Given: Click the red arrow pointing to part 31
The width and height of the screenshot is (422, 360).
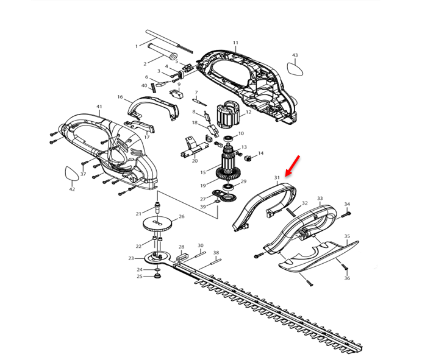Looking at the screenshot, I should click(291, 164).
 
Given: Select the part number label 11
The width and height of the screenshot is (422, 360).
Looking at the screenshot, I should click(235, 43).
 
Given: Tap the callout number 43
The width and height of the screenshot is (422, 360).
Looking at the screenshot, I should click(295, 55).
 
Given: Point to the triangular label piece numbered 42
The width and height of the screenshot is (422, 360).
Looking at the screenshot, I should click(72, 174).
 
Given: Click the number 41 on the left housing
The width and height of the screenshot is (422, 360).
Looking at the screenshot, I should click(99, 107).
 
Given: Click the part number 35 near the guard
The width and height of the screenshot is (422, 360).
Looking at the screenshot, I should click(347, 236).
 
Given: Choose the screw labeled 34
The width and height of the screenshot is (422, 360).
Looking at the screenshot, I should click(344, 214).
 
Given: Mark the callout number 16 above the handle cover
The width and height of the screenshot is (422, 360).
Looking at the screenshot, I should click(120, 97).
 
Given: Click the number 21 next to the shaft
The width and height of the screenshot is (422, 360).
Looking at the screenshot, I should click(138, 213).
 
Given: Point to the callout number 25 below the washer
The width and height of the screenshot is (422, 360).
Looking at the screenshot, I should click(140, 277).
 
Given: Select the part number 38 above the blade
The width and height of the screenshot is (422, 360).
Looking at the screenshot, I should click(216, 252).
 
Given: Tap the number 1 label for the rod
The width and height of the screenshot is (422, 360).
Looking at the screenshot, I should click(137, 46).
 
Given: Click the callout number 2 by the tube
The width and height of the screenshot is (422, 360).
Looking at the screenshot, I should click(145, 63).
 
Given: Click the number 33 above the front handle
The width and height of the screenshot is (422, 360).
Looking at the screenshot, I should click(320, 199).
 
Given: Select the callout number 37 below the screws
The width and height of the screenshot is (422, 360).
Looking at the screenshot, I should click(83, 174).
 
